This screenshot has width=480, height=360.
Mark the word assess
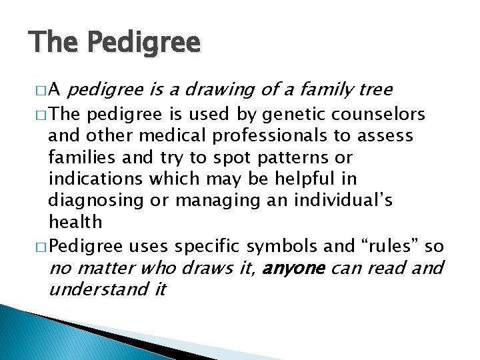point(387,137)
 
